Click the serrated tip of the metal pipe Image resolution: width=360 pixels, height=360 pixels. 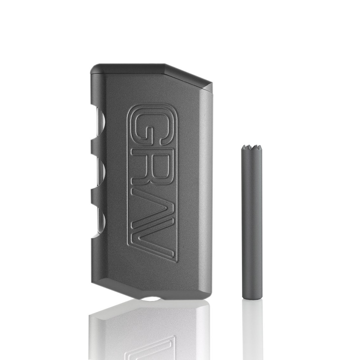click(x=252, y=149)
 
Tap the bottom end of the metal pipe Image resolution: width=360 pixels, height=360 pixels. click(x=252, y=296)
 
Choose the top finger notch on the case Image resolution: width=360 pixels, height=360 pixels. click(x=99, y=125)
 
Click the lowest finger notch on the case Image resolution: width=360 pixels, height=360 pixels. click(x=99, y=218)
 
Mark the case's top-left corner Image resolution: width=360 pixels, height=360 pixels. click(x=94, y=66)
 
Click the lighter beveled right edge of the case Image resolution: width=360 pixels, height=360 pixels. click(x=207, y=190)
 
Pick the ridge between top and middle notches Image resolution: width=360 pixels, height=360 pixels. click(x=95, y=148)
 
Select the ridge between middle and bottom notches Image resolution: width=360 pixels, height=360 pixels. click(x=95, y=194)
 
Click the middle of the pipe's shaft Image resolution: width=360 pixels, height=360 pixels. click(x=252, y=222)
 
